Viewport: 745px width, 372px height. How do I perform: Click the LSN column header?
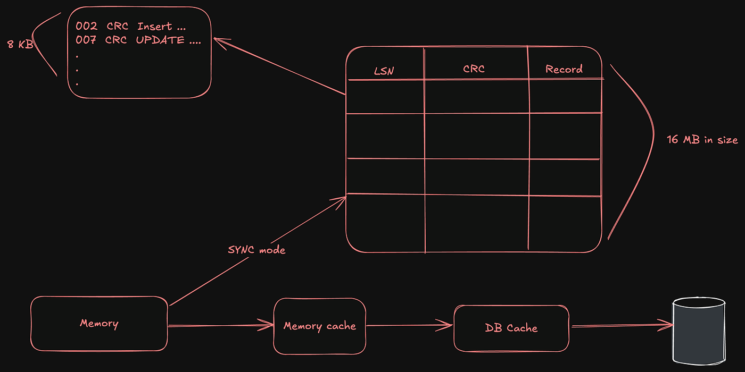coord(384,71)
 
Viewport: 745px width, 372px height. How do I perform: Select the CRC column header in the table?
coord(474,69)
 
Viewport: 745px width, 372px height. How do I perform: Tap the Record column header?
coord(564,69)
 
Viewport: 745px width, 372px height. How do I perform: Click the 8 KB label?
coord(20,45)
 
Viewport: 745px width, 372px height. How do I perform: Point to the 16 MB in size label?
coord(702,140)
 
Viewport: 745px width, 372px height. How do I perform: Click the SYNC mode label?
coord(256,250)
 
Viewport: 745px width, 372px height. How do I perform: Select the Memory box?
coord(99,323)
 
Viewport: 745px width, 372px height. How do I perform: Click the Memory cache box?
coord(319,326)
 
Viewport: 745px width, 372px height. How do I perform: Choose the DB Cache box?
coord(511,328)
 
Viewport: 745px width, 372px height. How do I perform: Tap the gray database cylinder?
coord(698,329)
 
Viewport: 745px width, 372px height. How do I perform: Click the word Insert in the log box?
coord(155,27)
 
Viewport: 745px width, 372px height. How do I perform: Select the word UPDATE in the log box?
coord(160,40)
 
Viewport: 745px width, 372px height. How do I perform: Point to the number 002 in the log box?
coord(86,27)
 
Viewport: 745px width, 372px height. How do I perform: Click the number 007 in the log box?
coord(86,40)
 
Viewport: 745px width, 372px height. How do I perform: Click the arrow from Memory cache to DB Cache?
coord(410,325)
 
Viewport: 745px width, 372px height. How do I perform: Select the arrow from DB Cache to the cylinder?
coord(620,325)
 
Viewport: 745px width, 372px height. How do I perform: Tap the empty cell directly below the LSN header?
coord(385,97)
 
